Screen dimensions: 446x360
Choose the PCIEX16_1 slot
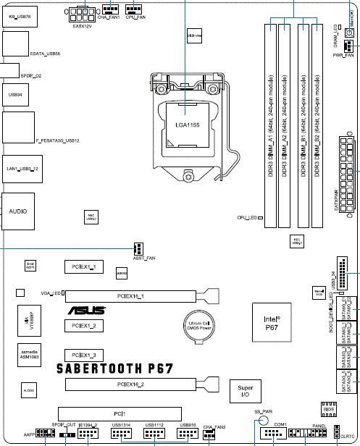pos(131,295)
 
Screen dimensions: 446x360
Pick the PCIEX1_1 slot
pos(84,267)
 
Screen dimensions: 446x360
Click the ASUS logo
pos(86,310)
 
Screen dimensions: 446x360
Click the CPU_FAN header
pos(133,9)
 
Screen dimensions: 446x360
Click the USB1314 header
pos(122,434)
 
